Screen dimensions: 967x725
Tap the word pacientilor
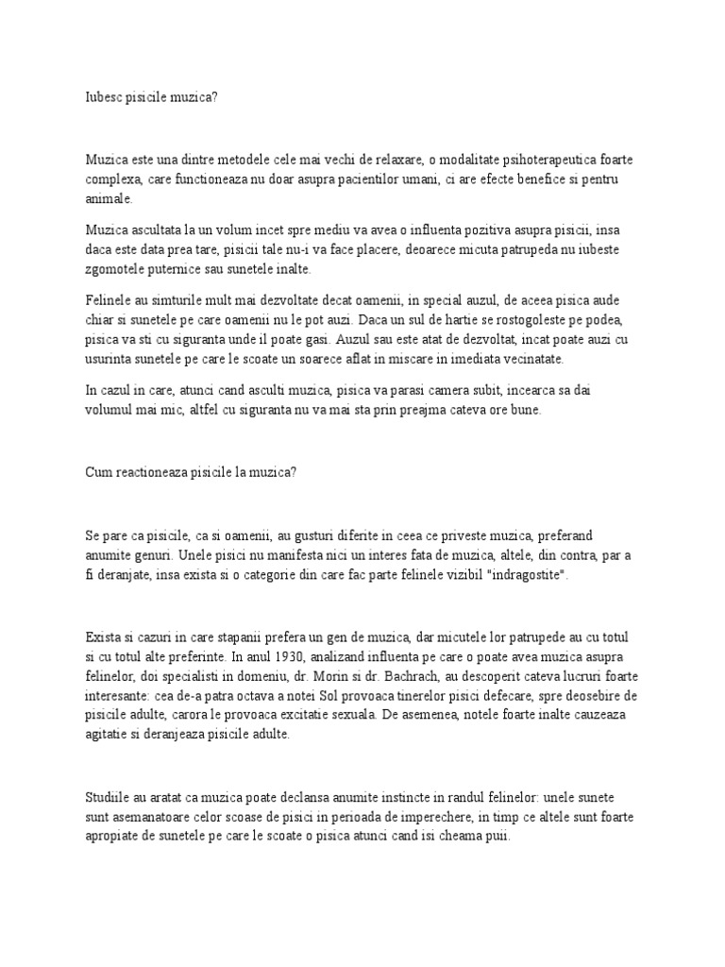[371, 178]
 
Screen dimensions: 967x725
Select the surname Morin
[380, 676]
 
